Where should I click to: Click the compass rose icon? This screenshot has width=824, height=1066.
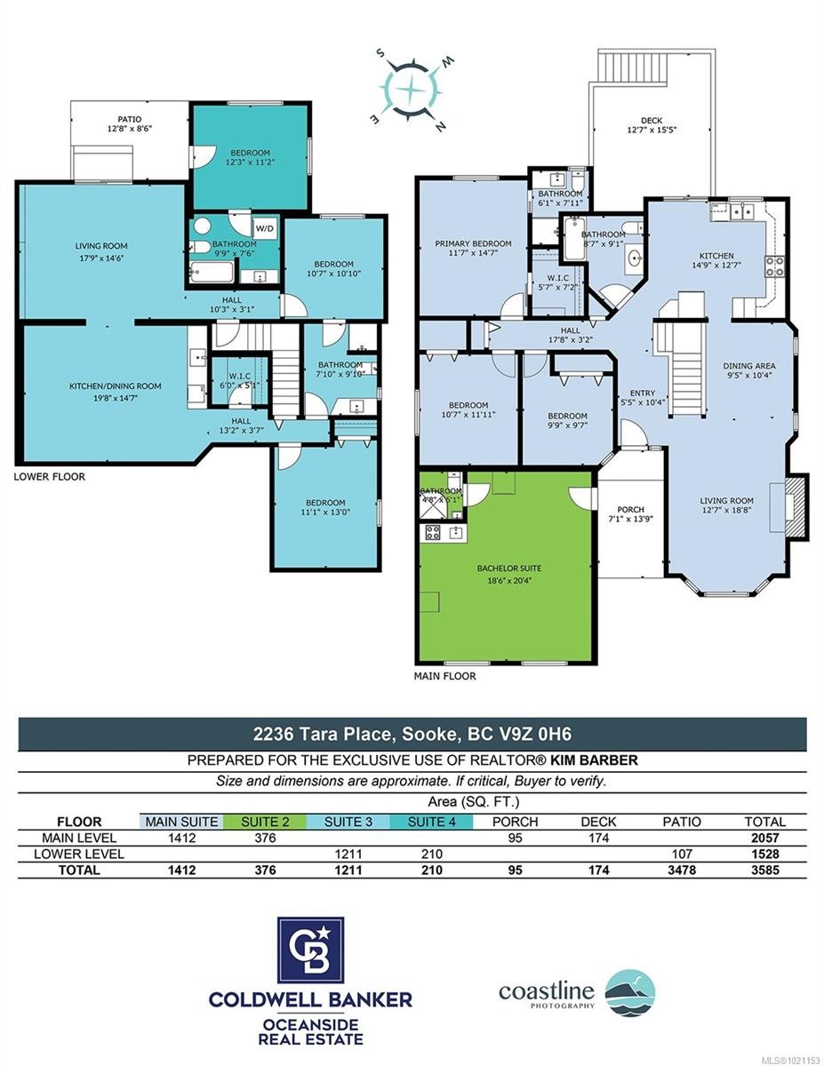coord(412,88)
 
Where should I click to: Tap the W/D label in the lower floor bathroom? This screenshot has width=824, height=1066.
coord(265,227)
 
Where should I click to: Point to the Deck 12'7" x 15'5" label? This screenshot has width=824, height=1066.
coord(652,127)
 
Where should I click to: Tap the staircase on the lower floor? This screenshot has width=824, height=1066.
coord(285,378)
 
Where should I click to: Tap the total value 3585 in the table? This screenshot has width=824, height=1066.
coord(764,870)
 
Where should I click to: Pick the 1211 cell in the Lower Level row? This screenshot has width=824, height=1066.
coord(348,854)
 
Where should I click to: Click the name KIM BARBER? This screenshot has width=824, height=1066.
coord(600,760)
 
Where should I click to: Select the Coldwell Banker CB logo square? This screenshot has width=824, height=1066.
coord(310,951)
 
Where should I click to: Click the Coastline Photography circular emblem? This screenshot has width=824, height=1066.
coord(629,992)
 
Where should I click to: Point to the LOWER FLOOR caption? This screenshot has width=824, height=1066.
coord(50,477)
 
